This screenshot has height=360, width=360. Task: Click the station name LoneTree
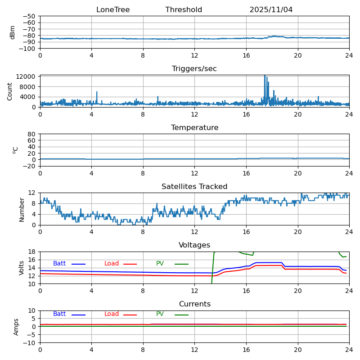113,10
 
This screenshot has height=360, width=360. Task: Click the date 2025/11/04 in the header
271,10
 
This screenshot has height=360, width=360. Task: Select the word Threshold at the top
184,10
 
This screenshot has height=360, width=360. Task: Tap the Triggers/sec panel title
194,69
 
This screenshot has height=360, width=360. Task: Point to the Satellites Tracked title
194,187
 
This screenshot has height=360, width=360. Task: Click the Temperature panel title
194,128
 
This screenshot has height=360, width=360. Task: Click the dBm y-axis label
13,32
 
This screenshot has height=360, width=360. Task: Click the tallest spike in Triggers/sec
265,76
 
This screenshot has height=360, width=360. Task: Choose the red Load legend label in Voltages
112,264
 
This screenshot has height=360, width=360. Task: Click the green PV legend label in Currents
160,314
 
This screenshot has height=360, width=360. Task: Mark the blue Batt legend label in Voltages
59,264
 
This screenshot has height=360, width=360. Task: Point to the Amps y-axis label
16,327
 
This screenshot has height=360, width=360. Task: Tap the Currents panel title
194,304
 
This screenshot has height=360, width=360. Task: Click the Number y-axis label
22,209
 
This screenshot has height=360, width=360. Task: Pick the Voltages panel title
194,245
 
